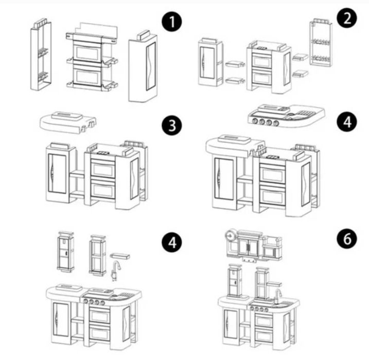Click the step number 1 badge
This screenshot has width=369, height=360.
pos(172,22)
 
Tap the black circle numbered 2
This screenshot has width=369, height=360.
pos(347,18)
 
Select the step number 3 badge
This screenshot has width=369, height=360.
pos(172,125)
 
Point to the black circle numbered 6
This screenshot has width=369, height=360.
pos(347,238)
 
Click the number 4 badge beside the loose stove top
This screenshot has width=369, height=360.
pos(347,122)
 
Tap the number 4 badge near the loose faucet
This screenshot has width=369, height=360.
pos(172,242)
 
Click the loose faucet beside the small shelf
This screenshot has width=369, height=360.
pos(116,271)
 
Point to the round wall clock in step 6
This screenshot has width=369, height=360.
pos(230,235)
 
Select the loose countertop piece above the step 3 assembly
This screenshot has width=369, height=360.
pos(69,122)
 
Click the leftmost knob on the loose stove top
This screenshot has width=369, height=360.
pos(255,121)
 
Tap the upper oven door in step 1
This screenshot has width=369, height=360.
pos(87,52)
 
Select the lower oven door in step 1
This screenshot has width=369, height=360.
pos(87,76)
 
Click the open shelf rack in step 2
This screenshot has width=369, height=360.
pos(321,42)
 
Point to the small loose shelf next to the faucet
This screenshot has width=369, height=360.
pos(120,256)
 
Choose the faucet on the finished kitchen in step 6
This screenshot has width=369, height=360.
pos(277,296)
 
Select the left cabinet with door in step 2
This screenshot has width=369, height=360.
pos(210,62)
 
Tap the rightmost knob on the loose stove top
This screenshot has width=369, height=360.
pos(276,123)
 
